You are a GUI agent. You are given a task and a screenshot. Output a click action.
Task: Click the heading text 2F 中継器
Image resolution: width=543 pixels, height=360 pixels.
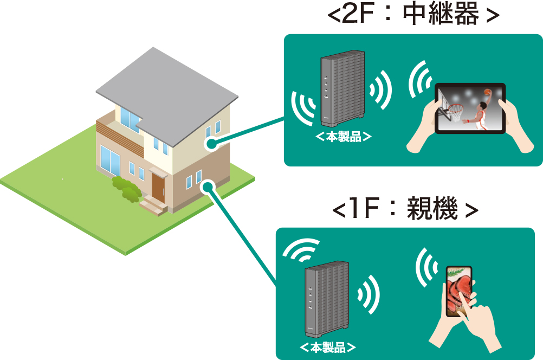[x=413, y=14]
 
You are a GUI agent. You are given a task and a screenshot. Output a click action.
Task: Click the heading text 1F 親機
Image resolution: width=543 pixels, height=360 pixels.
[x=405, y=208]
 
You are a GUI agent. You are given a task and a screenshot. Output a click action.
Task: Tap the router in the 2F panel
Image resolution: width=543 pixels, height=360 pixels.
[x=342, y=89]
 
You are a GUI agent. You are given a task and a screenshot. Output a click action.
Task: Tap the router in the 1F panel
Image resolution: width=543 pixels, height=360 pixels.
[x=327, y=299]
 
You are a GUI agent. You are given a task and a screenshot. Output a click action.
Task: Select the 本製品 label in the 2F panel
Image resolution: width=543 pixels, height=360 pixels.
[x=343, y=137]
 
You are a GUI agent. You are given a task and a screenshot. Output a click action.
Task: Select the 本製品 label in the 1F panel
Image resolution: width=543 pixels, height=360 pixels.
[x=327, y=347]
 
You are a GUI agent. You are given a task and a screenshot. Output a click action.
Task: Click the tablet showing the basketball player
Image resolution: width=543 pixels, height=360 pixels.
[x=470, y=108]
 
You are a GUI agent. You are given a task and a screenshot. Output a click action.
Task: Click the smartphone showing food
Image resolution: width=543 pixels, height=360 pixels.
[x=459, y=291]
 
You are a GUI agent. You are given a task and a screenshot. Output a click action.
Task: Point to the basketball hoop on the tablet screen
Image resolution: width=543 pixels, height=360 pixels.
[x=450, y=108]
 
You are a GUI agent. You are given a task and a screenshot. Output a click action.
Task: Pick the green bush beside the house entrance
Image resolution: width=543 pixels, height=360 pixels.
[x=127, y=189]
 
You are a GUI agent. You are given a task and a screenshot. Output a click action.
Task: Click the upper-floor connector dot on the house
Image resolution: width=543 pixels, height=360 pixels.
[x=211, y=143]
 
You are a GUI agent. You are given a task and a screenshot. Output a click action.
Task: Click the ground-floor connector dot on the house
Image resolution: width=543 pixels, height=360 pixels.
[x=208, y=187]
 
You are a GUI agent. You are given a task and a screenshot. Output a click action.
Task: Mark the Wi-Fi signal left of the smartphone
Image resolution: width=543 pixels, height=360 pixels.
[x=425, y=267]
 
